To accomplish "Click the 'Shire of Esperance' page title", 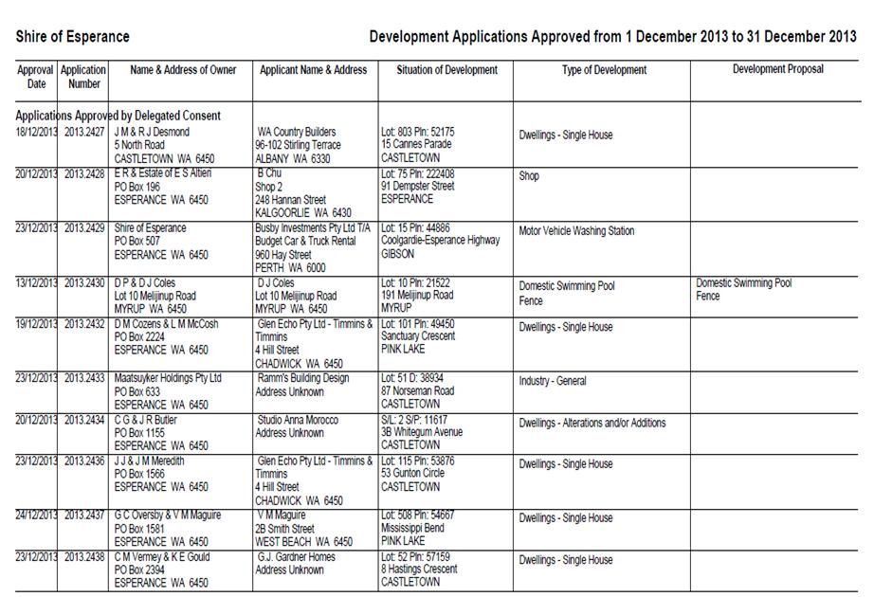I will tap(73, 37).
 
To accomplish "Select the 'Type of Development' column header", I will tap(604, 70).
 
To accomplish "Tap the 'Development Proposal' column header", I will tap(778, 69).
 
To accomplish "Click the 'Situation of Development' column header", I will tap(446, 70).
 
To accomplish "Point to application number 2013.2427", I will tap(84, 132).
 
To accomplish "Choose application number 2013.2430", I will tap(84, 282).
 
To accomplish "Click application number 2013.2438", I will tap(84, 557).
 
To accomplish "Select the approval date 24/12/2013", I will tap(36, 516).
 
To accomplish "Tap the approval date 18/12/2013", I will tap(36, 132).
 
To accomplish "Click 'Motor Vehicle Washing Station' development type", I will tap(576, 231).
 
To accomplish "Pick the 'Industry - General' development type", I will tap(553, 382).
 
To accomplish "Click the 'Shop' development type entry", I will tap(529, 176).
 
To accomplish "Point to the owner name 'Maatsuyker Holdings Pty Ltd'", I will tap(168, 378).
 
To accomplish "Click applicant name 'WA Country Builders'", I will tap(297, 132).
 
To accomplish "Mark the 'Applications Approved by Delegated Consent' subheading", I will tap(111, 115).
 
